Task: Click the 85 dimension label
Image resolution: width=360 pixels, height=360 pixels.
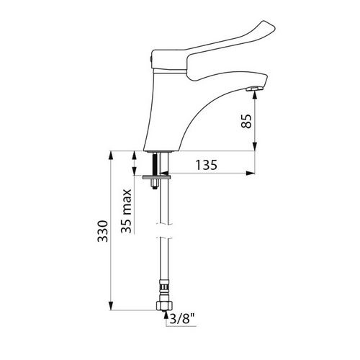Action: click(x=246, y=121)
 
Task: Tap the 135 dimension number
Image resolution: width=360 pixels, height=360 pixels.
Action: click(x=207, y=165)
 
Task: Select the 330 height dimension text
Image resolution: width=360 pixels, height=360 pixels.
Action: click(x=103, y=231)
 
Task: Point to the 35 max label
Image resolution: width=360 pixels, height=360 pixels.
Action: click(x=126, y=211)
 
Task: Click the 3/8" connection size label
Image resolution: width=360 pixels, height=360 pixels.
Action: click(x=182, y=319)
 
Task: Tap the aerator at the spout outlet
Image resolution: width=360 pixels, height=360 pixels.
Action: click(x=255, y=89)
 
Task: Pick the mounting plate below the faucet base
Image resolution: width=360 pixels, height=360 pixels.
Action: click(x=156, y=177)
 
